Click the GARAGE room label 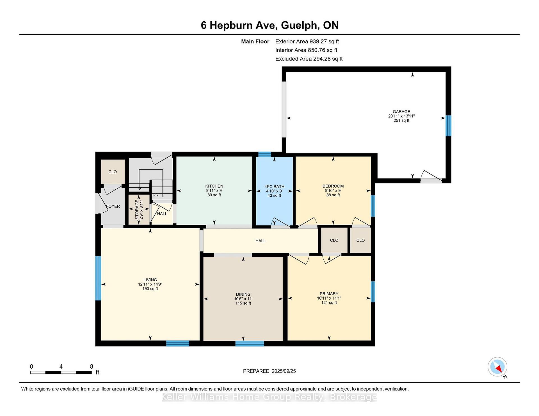click(x=401, y=112)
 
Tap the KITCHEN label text click(x=214, y=186)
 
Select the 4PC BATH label click(x=274, y=187)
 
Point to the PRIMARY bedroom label click(x=329, y=294)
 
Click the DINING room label click(x=243, y=295)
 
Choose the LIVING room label click(x=150, y=280)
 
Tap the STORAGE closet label click(x=137, y=210)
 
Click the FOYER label click(x=113, y=206)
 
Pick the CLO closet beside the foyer click(x=113, y=172)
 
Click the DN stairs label click(x=156, y=195)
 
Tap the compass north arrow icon click(x=497, y=367)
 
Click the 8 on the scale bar click(x=92, y=366)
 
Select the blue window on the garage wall click(x=449, y=126)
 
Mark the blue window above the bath click(x=265, y=154)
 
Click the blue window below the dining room click(x=250, y=344)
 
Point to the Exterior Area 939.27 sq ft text click(x=307, y=42)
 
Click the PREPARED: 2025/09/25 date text click(x=269, y=371)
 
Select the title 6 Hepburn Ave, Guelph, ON click(x=270, y=25)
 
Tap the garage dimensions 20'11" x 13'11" click(x=401, y=116)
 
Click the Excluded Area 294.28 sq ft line click(x=309, y=59)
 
